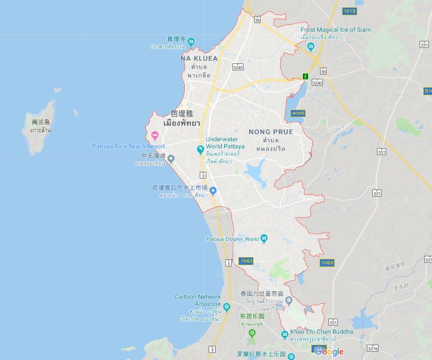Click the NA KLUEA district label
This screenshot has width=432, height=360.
(199, 59)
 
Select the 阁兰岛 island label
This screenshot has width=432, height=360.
(41, 122)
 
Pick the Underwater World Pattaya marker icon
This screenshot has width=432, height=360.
(200, 149)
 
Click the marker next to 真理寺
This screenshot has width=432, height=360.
(191, 41)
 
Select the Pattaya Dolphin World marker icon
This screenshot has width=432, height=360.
(264, 238)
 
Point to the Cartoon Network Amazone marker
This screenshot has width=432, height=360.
(226, 307)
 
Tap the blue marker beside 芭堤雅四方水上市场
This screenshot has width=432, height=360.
(213, 190)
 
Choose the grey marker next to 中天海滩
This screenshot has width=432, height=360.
(171, 158)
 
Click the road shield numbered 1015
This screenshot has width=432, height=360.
(350, 11)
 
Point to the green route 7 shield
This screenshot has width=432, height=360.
(305, 76)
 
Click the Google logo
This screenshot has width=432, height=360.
(329, 352)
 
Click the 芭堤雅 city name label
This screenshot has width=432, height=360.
(181, 113)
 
